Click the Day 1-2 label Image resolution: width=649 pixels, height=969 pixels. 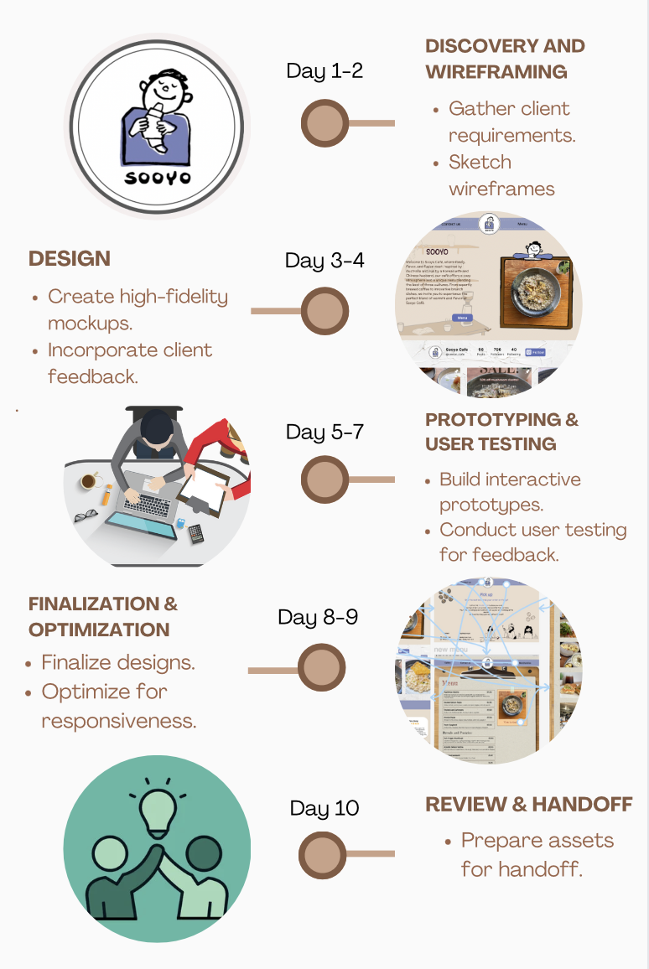[324, 70]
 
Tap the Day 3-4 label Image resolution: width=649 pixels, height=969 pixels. [324, 260]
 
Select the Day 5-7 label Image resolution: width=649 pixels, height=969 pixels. [324, 432]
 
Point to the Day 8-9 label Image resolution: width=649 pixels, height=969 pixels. [318, 618]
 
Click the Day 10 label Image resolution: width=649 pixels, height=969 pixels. [324, 808]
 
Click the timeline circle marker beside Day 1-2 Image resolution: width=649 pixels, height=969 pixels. [325, 123]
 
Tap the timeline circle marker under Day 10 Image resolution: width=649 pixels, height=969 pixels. [323, 854]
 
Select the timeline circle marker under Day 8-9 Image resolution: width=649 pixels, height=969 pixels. [322, 670]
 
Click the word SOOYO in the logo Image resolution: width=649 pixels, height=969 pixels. [158, 178]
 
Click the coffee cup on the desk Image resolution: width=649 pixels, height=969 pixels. [88, 481]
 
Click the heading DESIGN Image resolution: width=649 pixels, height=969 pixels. [70, 259]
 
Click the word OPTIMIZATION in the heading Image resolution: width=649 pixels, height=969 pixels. [99, 630]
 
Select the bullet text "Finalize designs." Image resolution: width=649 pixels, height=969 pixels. [118, 662]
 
